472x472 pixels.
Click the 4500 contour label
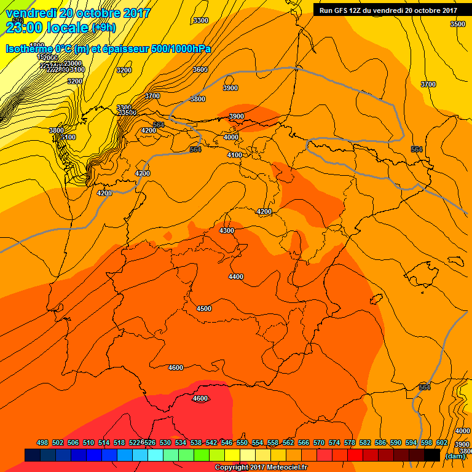click(x=204, y=309)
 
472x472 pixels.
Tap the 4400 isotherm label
click(x=236, y=277)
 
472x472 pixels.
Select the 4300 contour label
click(x=227, y=230)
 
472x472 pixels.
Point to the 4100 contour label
click(x=234, y=155)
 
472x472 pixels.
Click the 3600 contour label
click(x=200, y=69)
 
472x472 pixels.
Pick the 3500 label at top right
click(x=458, y=24)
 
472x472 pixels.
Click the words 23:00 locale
click(x=47, y=27)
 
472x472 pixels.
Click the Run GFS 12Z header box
click(x=388, y=10)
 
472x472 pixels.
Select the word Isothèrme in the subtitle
click(x=29, y=49)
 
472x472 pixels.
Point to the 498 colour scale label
click(x=42, y=442)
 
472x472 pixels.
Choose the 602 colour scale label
click(x=441, y=442)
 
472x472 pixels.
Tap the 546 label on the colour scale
click(x=226, y=442)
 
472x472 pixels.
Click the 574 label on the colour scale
click(x=334, y=442)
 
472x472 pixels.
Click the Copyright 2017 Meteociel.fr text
click(x=261, y=468)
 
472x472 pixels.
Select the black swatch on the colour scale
click(x=432, y=455)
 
